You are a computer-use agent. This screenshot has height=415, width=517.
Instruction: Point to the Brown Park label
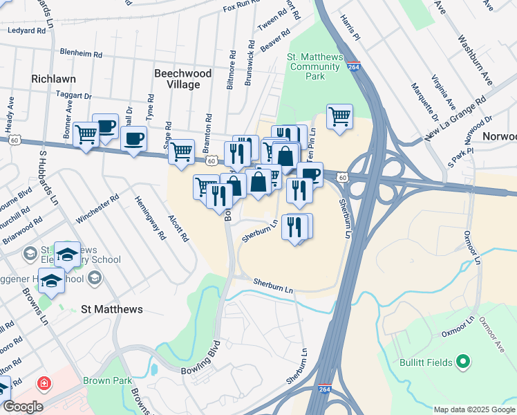click(x=103, y=380)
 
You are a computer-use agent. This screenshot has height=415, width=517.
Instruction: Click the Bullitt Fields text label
click(x=425, y=362)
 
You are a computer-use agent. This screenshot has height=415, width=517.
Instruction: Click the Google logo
click(x=22, y=406)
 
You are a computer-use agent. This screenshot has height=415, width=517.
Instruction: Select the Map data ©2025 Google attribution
click(x=473, y=409)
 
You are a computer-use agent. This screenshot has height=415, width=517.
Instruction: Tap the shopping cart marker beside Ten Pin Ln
click(x=339, y=117)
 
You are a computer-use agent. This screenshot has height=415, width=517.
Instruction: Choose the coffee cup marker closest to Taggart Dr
click(x=106, y=126)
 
